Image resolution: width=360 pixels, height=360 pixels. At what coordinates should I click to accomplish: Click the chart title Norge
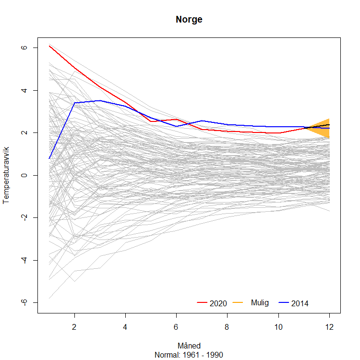pos(189,20)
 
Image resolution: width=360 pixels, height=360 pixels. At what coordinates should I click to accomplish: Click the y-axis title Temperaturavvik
pos(6,175)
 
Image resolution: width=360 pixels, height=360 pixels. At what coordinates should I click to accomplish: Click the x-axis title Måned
pos(189,346)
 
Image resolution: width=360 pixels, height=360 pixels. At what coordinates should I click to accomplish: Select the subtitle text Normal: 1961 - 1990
pos(189,355)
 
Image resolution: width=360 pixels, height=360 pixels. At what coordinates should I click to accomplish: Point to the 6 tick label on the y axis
pos(24,48)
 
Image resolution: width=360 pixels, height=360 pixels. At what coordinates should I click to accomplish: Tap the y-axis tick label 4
pos(24,90)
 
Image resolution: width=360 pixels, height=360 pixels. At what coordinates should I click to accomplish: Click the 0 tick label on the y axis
pos(24,175)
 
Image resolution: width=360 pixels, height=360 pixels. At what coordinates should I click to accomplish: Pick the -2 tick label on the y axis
pos(24,217)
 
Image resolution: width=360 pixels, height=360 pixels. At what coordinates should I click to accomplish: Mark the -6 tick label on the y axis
pos(24,302)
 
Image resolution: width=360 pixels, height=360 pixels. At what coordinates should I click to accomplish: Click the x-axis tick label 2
pos(74,327)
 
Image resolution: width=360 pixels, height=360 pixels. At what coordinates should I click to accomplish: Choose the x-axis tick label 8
pos(227,327)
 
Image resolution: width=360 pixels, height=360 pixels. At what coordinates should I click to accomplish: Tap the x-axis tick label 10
pos(278,327)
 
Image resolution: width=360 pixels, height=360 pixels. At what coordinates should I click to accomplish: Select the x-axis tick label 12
pos(329,327)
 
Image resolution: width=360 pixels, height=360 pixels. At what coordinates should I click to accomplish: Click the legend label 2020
pos(218,303)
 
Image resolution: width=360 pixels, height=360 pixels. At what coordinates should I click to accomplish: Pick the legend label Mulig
pos(260,302)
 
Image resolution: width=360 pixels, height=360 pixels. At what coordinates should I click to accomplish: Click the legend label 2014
pos(300,303)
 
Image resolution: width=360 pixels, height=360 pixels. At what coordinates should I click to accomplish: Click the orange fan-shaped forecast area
pos(322,128)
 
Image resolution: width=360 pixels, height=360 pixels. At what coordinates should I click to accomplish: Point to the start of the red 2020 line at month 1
pos(49,46)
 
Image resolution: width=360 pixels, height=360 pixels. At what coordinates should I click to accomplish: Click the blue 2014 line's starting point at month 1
pos(49,158)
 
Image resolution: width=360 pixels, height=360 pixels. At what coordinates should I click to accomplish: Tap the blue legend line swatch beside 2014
pos(284,302)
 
